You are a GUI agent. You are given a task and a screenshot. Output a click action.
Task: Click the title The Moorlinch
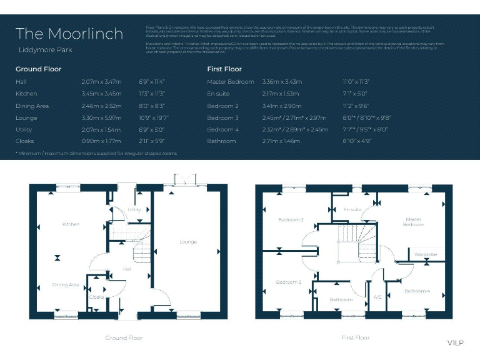point(69,34)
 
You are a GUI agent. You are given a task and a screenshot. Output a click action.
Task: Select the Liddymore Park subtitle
point(41,49)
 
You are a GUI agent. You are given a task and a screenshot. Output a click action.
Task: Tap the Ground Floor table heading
point(38,69)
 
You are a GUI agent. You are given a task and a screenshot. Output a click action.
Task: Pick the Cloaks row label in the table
point(25,141)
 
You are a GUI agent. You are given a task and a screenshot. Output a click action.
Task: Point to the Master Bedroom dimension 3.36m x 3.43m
point(282,82)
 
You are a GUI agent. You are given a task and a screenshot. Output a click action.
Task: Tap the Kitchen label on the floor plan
point(71,224)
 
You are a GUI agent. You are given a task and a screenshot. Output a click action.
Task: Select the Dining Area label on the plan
point(66,284)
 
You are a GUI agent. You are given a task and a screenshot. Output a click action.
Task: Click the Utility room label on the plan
point(134,210)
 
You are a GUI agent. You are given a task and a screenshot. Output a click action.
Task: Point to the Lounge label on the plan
point(187,242)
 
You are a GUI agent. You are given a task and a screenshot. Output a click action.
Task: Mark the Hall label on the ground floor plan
point(127,269)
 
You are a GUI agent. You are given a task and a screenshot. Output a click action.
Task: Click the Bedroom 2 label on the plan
point(291,219)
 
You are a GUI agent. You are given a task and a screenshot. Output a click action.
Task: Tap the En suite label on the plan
point(352,210)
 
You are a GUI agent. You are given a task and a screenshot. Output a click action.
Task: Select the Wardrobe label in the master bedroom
point(426,254)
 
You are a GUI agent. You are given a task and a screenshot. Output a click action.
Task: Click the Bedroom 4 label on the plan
point(417,291)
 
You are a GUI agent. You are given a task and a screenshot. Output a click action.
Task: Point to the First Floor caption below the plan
point(356,337)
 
